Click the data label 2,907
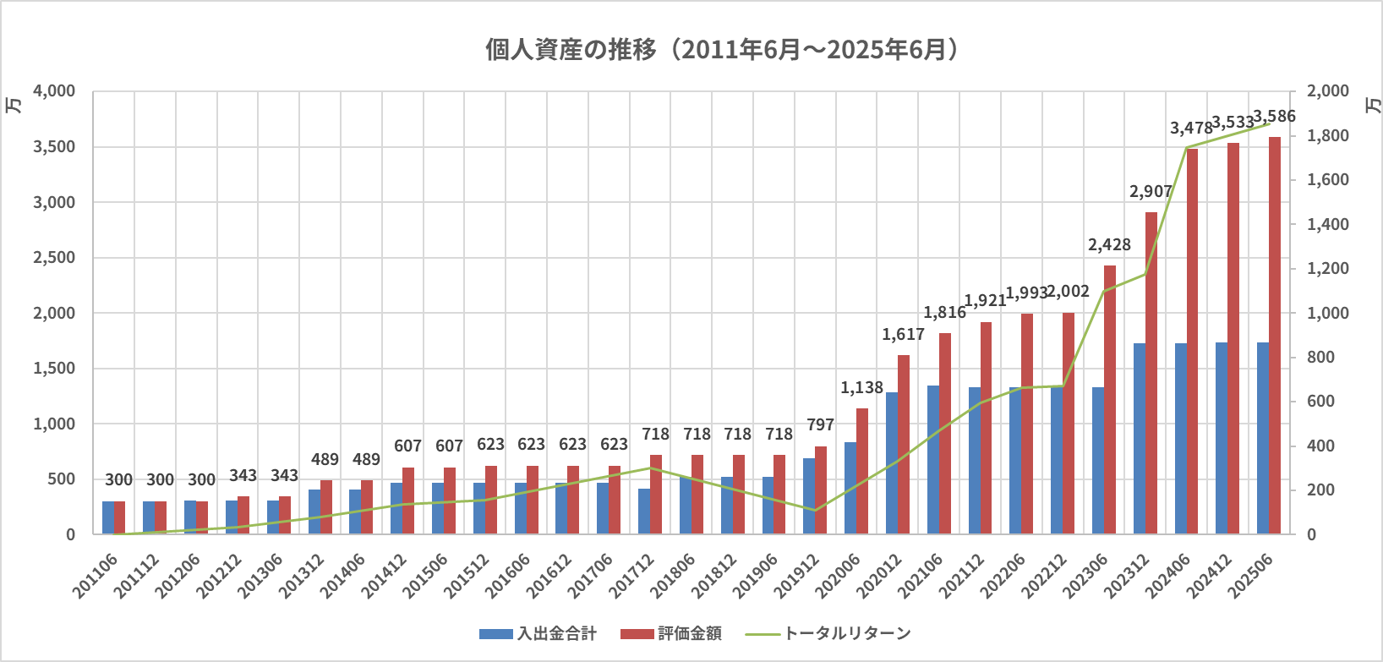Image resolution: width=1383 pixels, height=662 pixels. (x=1151, y=192)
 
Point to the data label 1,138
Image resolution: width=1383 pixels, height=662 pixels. (x=861, y=388)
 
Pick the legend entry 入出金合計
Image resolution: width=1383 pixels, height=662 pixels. (x=538, y=633)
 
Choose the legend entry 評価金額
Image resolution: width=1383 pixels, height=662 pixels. (x=671, y=633)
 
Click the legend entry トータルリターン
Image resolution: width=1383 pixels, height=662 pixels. (x=828, y=633)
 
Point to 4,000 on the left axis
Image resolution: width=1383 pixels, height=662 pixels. (x=54, y=91)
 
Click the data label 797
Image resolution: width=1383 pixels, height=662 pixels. (x=820, y=425)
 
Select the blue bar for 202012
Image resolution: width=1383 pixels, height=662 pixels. (x=892, y=463)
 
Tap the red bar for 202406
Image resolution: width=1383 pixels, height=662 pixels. (x=1192, y=342)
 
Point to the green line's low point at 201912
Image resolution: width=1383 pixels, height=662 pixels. (x=814, y=510)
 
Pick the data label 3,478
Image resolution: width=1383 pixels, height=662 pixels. (x=1191, y=129)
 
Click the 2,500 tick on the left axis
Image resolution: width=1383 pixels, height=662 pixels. (x=54, y=258)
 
